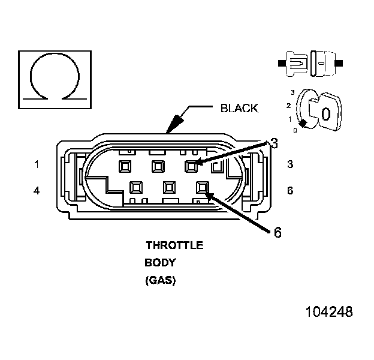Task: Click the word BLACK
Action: (x=239, y=109)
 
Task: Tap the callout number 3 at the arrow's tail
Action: (x=274, y=143)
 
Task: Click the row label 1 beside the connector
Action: (x=37, y=164)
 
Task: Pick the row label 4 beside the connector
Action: (x=37, y=191)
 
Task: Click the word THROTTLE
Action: (x=174, y=245)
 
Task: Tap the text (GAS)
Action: (x=161, y=280)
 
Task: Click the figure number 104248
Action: (x=329, y=312)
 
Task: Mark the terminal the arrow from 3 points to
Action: (x=192, y=165)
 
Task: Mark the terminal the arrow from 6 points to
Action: (x=201, y=188)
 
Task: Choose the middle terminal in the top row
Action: (x=158, y=165)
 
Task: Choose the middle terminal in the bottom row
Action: (x=168, y=188)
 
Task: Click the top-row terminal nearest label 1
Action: (x=125, y=165)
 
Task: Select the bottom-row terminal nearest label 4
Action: (x=135, y=188)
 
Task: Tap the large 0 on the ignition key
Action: (x=325, y=113)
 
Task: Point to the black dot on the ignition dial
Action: (x=304, y=123)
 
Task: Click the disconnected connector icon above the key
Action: (x=311, y=62)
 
